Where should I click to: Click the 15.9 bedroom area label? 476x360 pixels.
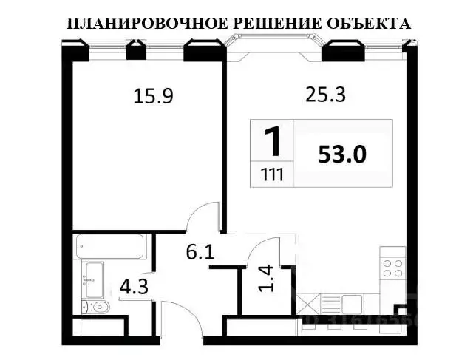pos(153,95)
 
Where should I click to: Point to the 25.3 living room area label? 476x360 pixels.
pos(326,94)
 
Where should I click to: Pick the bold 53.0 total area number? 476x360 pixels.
pos(342,154)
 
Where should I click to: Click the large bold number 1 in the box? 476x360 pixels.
pos(272,141)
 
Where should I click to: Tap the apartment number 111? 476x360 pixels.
pos(272,176)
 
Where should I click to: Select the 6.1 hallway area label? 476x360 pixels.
pos(200,252)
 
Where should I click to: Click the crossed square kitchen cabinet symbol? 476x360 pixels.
pos(307,303)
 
